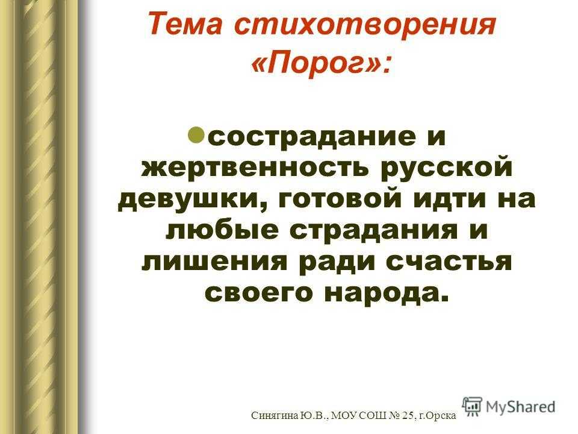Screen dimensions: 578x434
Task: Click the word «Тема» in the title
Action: pyautogui.click(x=185, y=24)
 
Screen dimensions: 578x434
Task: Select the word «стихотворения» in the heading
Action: pyautogui.click(x=365, y=24)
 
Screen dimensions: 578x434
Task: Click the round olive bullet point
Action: pyautogui.click(x=195, y=135)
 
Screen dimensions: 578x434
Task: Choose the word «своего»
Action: pyautogui.click(x=258, y=294)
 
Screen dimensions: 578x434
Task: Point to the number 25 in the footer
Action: pyautogui.click(x=408, y=415)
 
